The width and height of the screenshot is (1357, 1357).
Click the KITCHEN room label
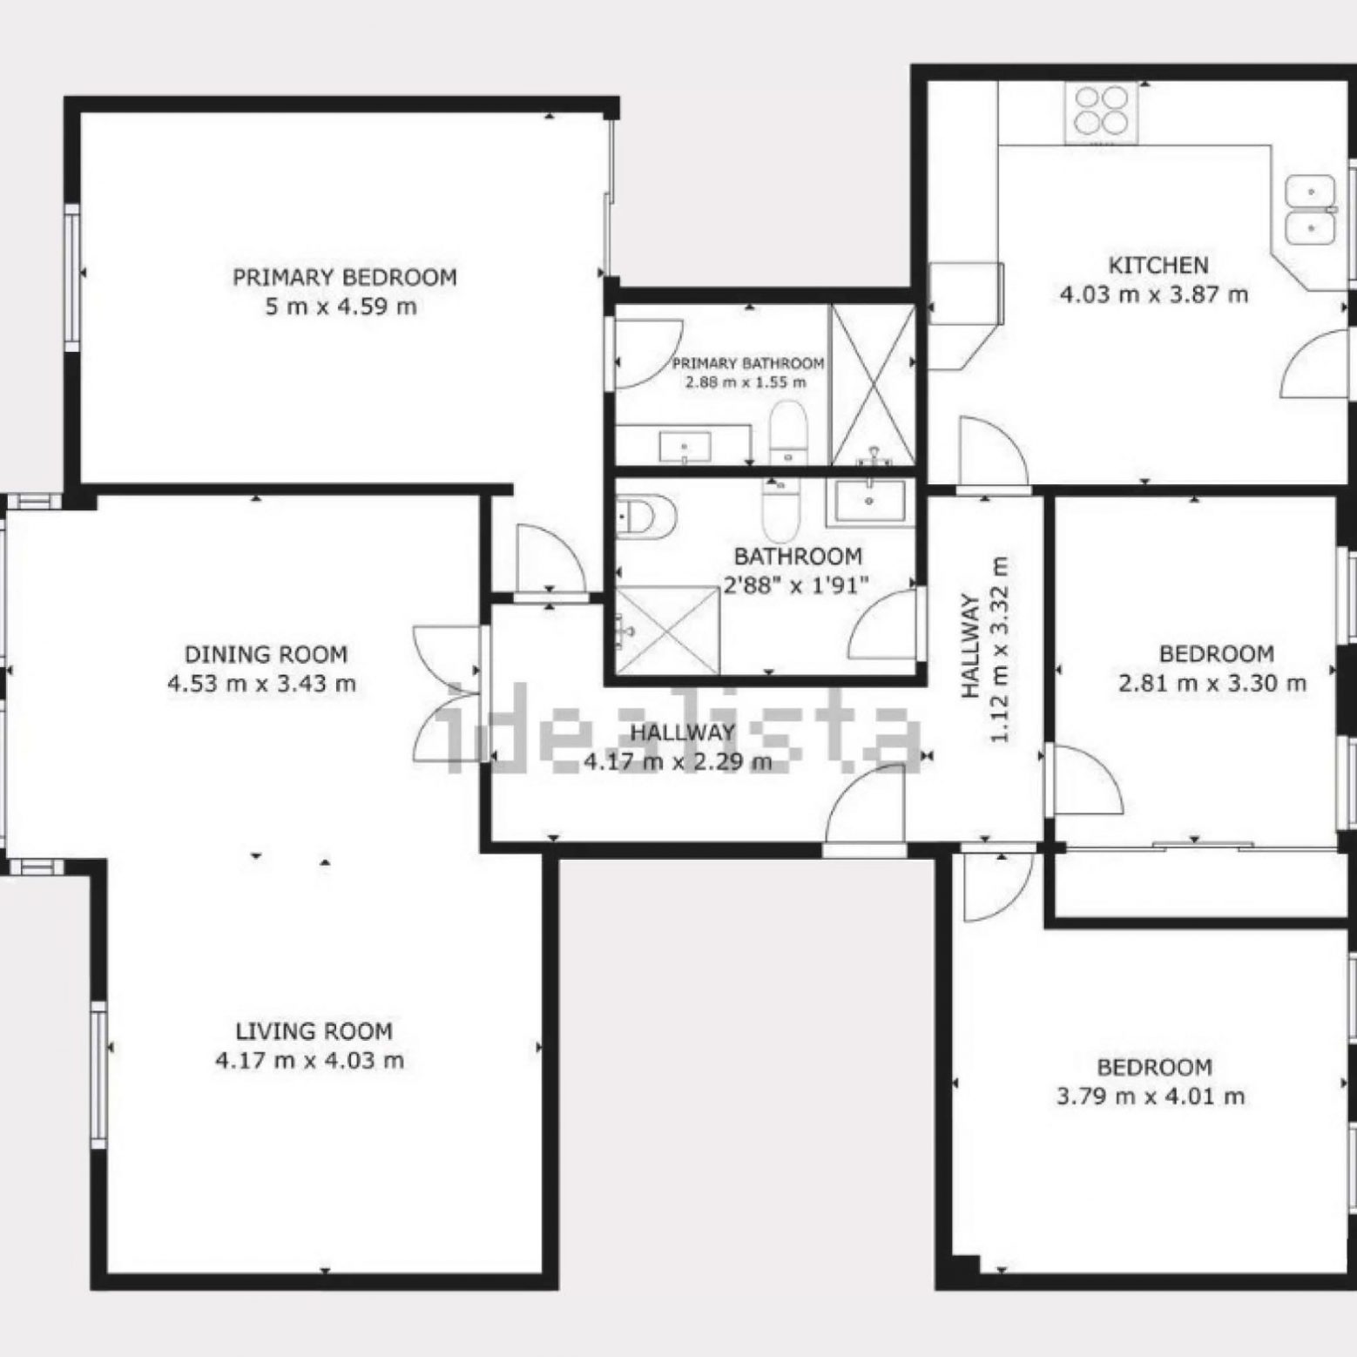click(1158, 265)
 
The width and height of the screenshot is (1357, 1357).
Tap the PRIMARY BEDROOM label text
click(344, 278)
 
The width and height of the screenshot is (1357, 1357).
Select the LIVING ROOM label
click(314, 1031)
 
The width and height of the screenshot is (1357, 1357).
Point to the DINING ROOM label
click(266, 654)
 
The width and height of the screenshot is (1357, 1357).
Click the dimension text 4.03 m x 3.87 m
click(1154, 294)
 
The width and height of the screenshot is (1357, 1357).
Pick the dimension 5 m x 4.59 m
click(341, 307)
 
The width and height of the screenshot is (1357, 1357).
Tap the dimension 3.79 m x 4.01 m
click(1151, 1097)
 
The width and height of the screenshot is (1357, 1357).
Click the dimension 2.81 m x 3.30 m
click(1212, 684)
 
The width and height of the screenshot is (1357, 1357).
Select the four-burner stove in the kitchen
click(1100, 113)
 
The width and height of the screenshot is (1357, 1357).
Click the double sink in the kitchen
click(1310, 208)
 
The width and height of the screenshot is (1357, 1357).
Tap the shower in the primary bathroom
click(872, 384)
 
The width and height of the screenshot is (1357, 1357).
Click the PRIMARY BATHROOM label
click(748, 363)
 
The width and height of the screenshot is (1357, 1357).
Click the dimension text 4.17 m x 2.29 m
click(678, 763)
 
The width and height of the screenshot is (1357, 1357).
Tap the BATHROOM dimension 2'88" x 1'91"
click(797, 585)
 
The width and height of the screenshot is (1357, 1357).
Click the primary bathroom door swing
click(648, 354)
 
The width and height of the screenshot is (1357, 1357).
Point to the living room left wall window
click(98, 1073)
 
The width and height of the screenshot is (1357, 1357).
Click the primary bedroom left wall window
click(72, 277)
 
